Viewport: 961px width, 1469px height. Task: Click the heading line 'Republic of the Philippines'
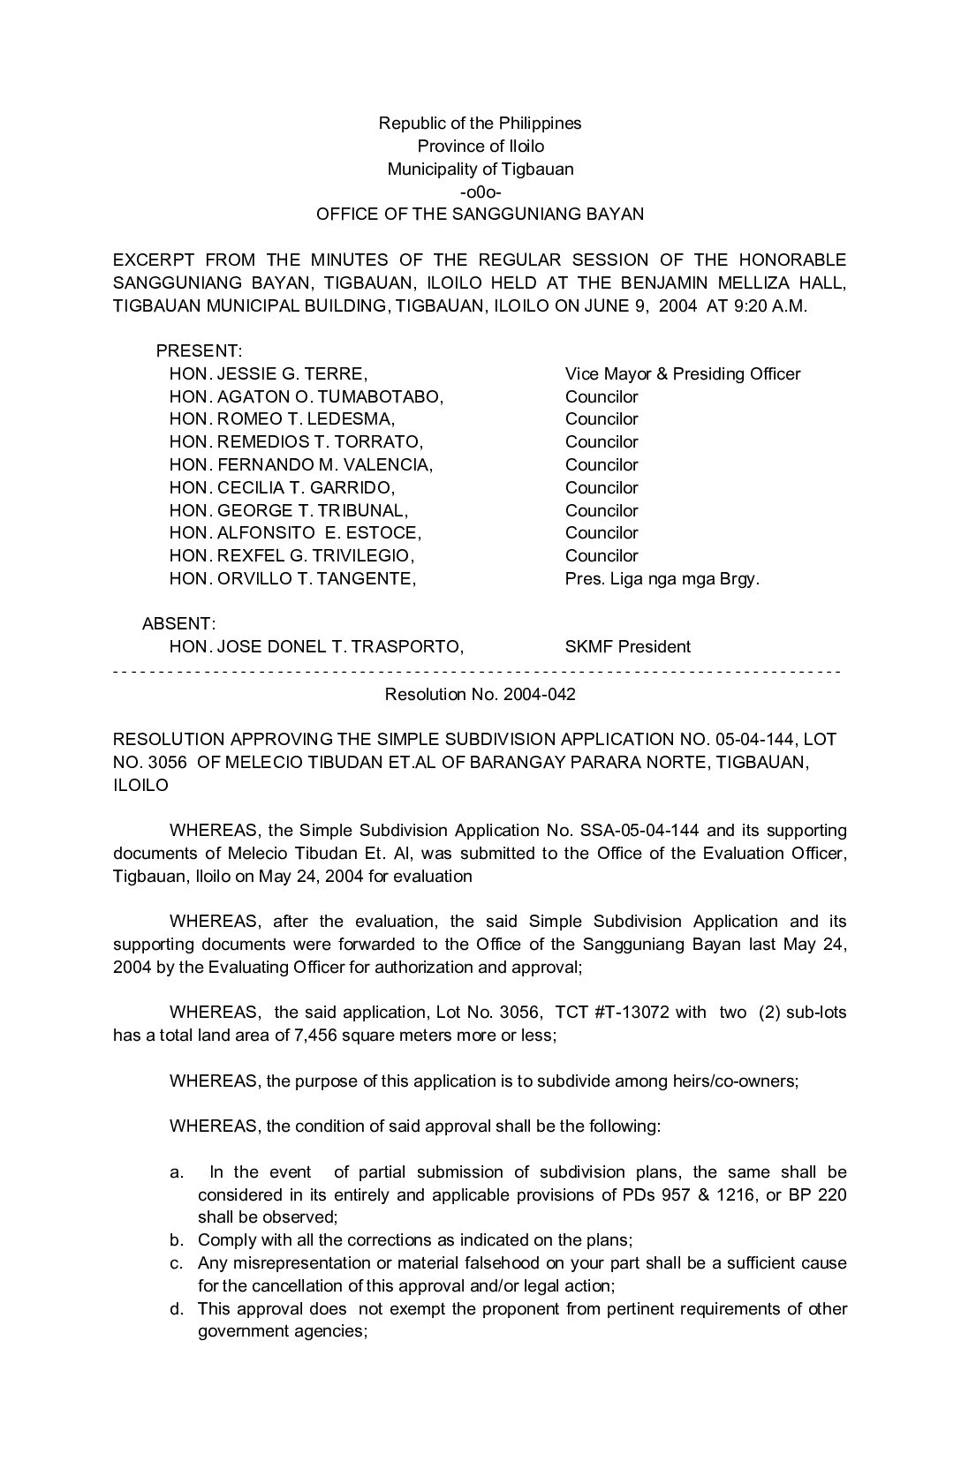[480, 123]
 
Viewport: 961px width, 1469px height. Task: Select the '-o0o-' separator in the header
[480, 192]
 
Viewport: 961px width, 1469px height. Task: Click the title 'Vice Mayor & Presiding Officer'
[683, 373]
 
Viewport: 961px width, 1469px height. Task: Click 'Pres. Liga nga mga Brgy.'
[662, 579]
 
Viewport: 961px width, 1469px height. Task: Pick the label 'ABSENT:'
[179, 624]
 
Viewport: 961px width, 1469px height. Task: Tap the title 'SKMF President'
[628, 646]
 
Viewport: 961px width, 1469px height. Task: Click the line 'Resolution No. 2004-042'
[480, 694]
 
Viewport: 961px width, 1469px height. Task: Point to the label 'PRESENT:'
[199, 351]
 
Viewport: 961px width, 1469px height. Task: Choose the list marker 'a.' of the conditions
[177, 1172]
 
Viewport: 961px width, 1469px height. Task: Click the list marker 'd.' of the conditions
[177, 1308]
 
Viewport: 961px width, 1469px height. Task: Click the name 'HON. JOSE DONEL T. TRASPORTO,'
[316, 646]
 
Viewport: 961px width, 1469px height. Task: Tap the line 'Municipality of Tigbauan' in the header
[480, 169]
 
